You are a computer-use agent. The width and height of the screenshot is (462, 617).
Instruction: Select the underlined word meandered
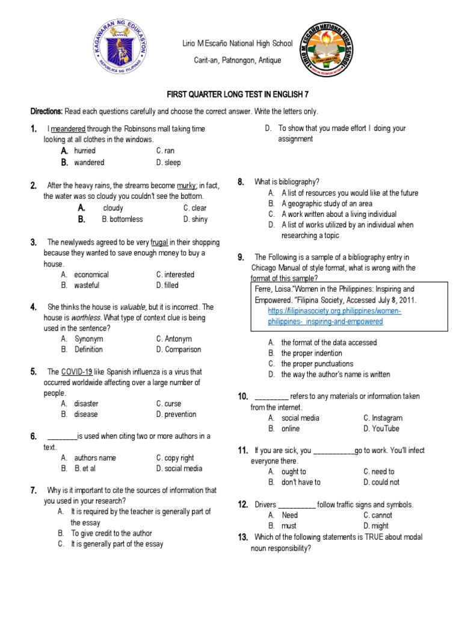point(68,129)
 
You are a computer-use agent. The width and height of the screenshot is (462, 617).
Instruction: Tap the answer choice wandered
point(89,163)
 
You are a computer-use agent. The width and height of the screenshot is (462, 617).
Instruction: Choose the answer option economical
point(91,275)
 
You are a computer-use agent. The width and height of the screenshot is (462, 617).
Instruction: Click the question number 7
point(34,490)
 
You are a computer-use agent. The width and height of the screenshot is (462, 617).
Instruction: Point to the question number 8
point(241,182)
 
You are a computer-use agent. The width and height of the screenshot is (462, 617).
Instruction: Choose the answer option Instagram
point(383,418)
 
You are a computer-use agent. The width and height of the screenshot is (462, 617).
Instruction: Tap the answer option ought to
point(294,472)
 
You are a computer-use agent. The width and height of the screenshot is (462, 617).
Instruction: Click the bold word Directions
point(46,112)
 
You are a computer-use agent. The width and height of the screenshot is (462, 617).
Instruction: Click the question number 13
point(243,537)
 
